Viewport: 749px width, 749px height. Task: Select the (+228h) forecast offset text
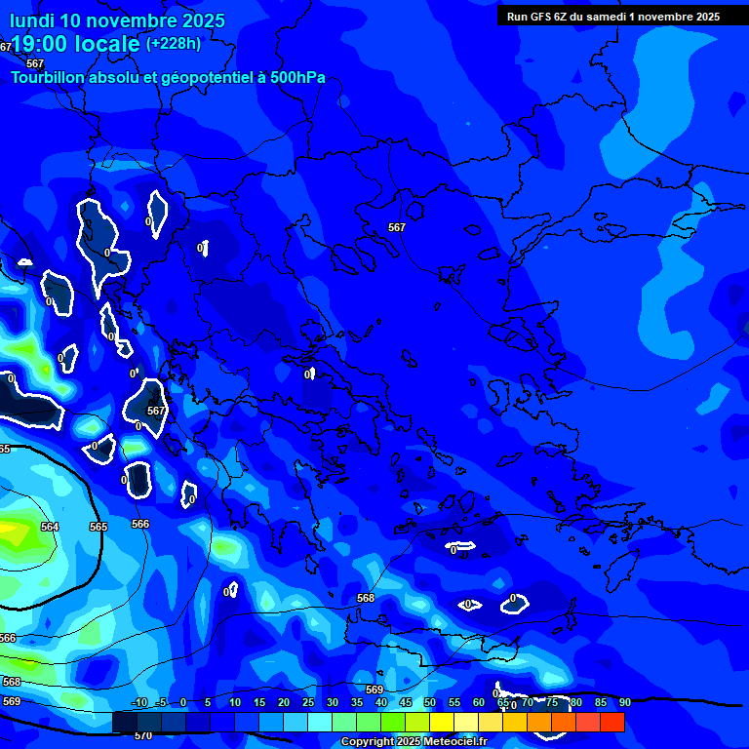(x=174, y=44)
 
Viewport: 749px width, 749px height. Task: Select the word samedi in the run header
(x=609, y=17)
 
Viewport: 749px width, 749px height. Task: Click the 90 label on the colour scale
(x=624, y=703)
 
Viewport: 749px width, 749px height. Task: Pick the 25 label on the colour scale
(x=308, y=703)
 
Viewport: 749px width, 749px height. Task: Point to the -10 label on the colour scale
(x=138, y=703)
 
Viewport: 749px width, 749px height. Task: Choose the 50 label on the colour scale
(x=429, y=703)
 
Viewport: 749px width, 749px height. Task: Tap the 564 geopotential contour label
(x=50, y=527)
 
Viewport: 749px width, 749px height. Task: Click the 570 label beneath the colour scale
(x=142, y=736)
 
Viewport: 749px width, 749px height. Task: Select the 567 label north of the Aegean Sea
(x=396, y=227)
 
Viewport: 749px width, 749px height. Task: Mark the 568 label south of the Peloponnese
(x=366, y=598)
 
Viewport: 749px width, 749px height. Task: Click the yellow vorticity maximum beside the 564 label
(x=12, y=532)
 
